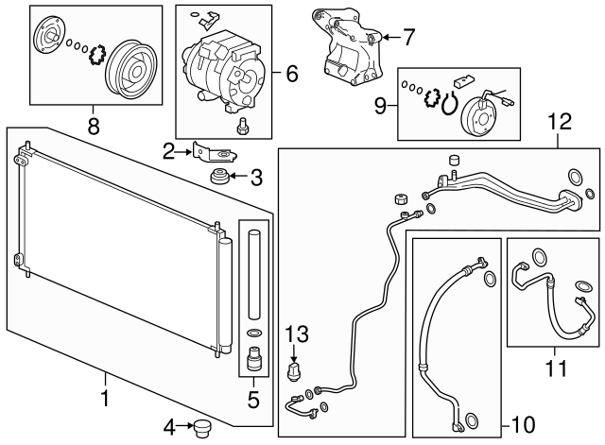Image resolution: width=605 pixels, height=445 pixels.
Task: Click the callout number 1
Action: [105, 401]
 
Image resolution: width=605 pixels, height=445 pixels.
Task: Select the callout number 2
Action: [168, 150]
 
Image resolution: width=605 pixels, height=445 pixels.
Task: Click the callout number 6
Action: [291, 71]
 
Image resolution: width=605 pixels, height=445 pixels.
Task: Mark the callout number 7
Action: [408, 38]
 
